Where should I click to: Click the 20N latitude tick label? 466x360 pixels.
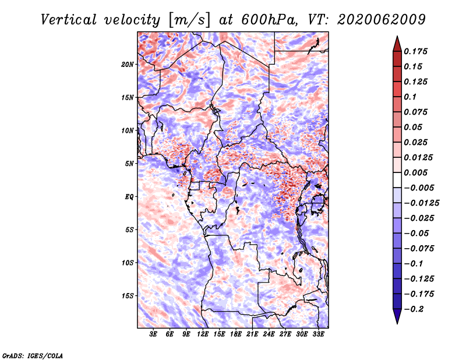click(128, 65)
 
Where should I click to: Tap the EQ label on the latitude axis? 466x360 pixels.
click(129, 197)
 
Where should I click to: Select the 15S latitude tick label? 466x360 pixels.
click(128, 296)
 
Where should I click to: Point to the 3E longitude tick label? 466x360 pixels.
click(153, 334)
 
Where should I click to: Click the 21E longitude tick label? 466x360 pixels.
click(252, 334)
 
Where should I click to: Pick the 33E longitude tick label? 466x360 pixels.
click(318, 334)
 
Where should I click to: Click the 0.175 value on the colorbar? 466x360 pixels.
click(415, 51)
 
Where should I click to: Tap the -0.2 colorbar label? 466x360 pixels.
click(414, 309)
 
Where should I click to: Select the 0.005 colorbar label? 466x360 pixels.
click(415, 172)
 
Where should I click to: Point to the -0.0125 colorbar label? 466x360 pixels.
click(421, 203)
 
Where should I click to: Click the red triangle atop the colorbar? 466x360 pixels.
click(397, 44)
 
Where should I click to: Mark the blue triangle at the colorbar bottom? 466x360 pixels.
click(397, 316)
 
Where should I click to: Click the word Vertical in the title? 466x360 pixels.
click(69, 20)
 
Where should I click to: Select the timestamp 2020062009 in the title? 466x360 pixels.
click(382, 20)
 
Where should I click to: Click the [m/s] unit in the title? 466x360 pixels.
click(189, 20)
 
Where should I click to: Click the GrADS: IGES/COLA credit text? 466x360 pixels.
click(33, 356)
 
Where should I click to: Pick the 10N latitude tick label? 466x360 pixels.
click(128, 130)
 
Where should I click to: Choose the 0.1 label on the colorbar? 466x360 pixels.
click(410, 97)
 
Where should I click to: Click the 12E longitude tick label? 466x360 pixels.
click(202, 334)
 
